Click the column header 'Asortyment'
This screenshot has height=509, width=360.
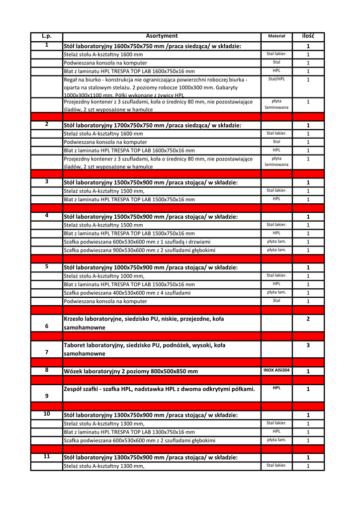pyautogui.click(x=162, y=36)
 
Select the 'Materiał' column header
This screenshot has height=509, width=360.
pyautogui.click(x=276, y=36)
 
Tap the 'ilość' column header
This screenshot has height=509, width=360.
pyautogui.click(x=308, y=36)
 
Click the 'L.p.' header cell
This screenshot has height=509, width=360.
pyautogui.click(x=47, y=36)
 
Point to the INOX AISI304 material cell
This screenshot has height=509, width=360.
pyautogui.click(x=276, y=370)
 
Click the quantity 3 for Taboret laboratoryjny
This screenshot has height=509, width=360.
pyautogui.click(x=308, y=345)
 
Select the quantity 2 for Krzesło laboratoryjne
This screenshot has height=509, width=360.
pyautogui.click(x=308, y=319)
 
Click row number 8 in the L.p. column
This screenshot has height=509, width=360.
pyautogui.click(x=47, y=370)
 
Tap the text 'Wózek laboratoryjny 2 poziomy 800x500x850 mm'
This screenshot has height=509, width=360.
pyautogui.click(x=131, y=371)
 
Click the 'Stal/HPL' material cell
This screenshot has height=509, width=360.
pyautogui.click(x=276, y=79)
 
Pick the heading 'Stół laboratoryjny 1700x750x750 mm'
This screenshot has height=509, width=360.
pyautogui.click(x=152, y=125)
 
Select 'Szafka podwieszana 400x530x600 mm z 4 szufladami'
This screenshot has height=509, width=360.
pyautogui.click(x=127, y=293)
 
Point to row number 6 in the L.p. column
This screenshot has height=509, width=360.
pyautogui.click(x=47, y=326)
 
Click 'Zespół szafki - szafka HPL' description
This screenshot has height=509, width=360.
pyautogui.click(x=159, y=389)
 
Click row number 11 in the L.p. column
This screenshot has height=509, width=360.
pyautogui.click(x=47, y=456)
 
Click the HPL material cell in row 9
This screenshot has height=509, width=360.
pyautogui.click(x=276, y=388)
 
